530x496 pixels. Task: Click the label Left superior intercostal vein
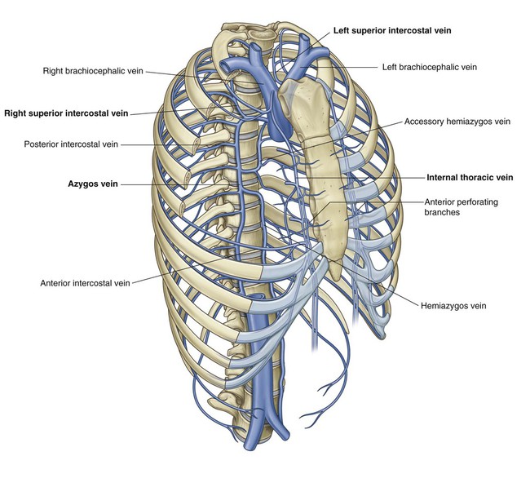pyautogui.click(x=392, y=30)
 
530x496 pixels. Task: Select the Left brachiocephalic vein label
pyautogui.click(x=430, y=67)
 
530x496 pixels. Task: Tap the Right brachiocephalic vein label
pyautogui.click(x=93, y=71)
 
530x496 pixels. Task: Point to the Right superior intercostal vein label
pyautogui.click(x=66, y=113)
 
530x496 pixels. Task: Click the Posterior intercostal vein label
pyautogui.click(x=71, y=144)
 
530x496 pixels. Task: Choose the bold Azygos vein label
pyautogui.click(x=93, y=184)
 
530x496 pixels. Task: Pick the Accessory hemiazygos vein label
pyautogui.click(x=457, y=122)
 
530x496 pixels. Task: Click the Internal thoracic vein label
pyautogui.click(x=470, y=178)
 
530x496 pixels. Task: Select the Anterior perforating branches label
pyautogui.click(x=462, y=207)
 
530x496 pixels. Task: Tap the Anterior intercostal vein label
pyautogui.click(x=85, y=283)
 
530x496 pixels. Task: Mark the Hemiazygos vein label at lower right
pyautogui.click(x=453, y=306)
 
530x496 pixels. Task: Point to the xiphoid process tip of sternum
pyautogui.click(x=335, y=278)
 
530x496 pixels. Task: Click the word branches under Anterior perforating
pyautogui.click(x=442, y=212)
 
